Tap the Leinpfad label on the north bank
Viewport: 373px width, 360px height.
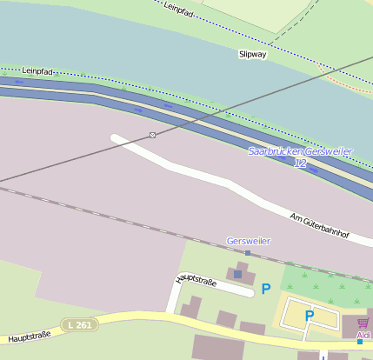point(177,10)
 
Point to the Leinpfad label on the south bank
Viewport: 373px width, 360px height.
point(38,70)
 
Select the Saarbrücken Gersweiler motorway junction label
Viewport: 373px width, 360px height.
point(300,151)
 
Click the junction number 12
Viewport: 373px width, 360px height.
point(300,163)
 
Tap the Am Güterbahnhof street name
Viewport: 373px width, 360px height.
point(319,228)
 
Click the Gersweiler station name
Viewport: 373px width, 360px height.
point(248,241)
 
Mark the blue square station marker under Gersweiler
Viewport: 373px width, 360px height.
point(248,253)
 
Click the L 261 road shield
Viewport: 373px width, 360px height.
point(79,324)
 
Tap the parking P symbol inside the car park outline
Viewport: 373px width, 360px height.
point(309,316)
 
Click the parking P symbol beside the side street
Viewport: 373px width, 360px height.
point(266,288)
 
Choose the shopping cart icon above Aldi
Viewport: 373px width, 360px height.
point(363,323)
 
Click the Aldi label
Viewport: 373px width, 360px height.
point(363,335)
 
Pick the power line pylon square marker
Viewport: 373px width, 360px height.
point(153,135)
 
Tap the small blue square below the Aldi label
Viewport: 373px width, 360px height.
point(359,342)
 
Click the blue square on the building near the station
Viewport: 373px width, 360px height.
point(237,274)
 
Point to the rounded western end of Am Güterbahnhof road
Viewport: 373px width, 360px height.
point(117,138)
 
